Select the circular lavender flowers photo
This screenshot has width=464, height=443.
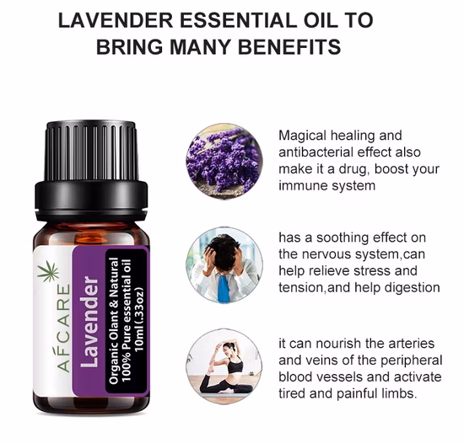(x=224, y=160)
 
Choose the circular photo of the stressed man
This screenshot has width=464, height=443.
(x=224, y=264)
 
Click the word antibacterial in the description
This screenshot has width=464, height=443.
(x=317, y=152)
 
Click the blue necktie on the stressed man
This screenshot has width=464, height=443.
(x=222, y=286)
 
